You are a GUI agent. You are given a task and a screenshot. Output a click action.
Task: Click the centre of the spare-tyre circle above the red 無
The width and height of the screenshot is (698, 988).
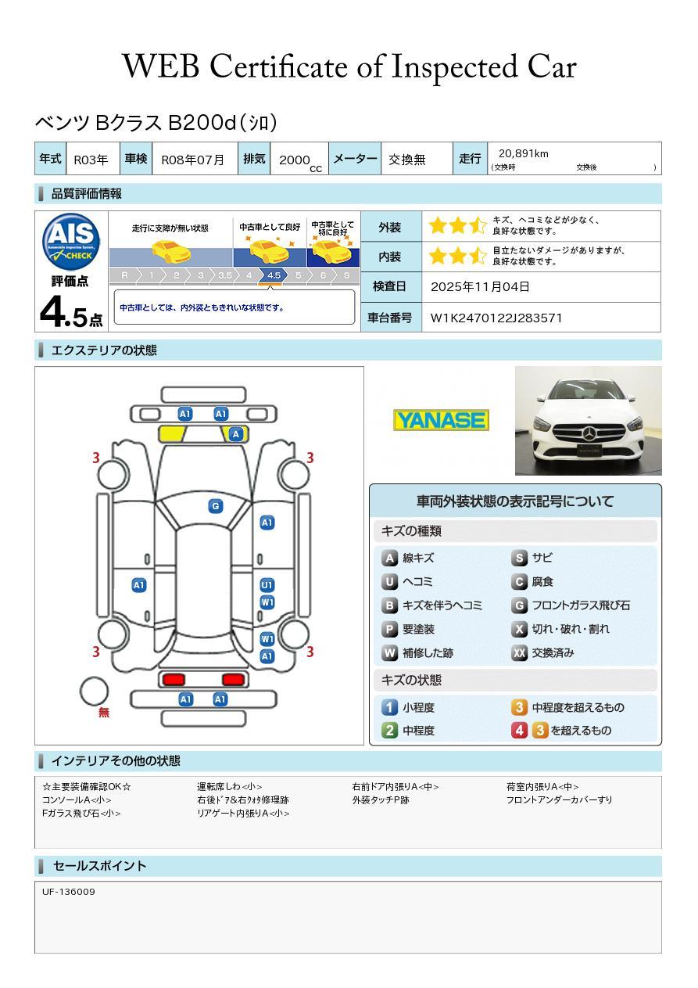(94, 692)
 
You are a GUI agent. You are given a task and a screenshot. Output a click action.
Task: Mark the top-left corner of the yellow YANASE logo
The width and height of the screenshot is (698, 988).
(393, 410)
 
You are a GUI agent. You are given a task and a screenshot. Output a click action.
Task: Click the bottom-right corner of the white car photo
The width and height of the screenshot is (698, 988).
(662, 475)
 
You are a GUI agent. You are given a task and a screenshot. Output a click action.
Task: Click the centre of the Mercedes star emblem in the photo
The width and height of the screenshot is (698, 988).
(589, 434)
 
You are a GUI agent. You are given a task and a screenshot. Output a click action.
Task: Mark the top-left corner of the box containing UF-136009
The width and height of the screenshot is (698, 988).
(35, 882)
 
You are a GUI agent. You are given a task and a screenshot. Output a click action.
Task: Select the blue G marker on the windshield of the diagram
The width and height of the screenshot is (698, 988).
(216, 506)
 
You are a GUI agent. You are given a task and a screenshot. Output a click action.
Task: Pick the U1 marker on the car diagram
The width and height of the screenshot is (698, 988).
(267, 585)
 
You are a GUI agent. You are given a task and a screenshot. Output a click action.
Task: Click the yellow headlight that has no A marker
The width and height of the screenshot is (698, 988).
(171, 434)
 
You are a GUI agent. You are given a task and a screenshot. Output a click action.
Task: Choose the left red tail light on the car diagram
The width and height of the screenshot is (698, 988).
(174, 679)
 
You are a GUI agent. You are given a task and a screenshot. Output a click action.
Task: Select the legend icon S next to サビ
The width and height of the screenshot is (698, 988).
(519, 558)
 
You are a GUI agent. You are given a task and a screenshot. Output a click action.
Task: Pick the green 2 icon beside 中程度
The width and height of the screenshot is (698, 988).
(389, 730)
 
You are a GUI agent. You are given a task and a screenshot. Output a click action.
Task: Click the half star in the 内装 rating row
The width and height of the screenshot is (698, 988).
(478, 256)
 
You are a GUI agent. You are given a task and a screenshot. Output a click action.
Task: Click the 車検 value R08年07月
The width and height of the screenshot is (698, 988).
(192, 160)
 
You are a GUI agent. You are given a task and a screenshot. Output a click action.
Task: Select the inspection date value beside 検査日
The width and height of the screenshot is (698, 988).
(480, 286)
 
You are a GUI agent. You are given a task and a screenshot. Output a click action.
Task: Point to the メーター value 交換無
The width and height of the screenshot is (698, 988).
(406, 160)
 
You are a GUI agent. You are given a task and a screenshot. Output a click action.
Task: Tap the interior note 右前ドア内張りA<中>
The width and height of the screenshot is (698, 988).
(396, 786)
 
